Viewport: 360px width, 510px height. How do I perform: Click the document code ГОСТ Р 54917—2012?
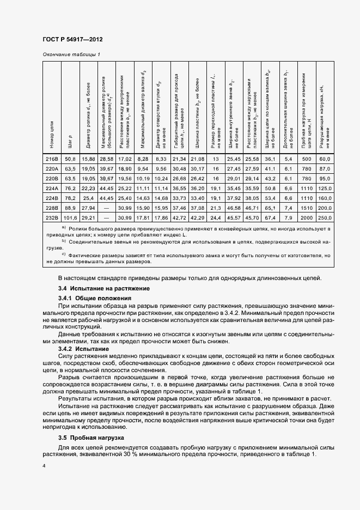click(72, 40)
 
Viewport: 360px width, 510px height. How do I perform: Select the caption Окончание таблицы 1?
click(71, 54)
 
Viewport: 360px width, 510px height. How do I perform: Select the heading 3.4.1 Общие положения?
click(95, 299)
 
